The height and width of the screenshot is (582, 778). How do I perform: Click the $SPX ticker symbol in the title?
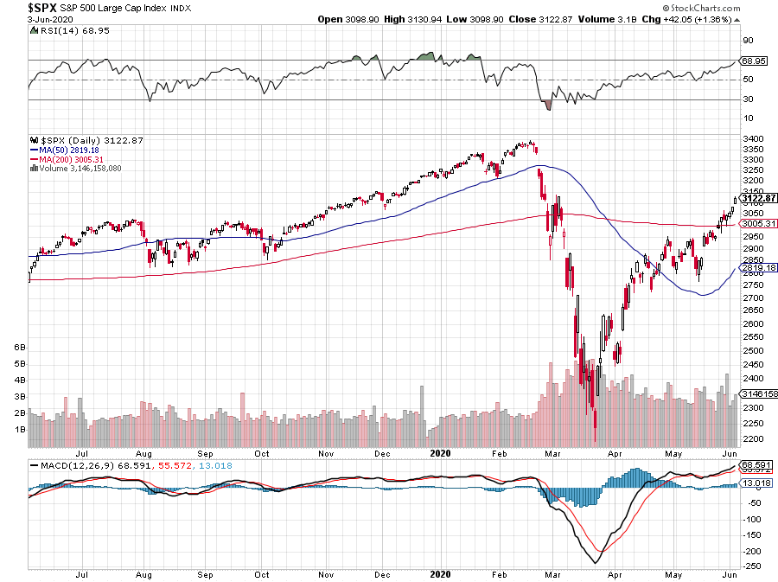pos(42,8)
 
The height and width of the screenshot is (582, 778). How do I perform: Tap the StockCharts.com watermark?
pos(702,8)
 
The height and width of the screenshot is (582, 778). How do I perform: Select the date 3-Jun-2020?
pos(50,20)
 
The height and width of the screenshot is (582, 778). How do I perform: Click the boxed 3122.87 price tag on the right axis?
pos(758,198)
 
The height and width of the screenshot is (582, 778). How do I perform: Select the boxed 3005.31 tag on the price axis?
pos(758,224)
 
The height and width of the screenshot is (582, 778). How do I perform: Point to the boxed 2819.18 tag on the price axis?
pos(758,268)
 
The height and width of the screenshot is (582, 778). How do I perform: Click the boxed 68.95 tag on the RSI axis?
pos(754,61)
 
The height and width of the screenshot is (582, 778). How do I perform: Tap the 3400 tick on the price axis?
pos(753,139)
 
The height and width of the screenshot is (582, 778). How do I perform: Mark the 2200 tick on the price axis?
pos(753,439)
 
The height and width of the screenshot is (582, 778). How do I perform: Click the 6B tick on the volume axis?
pos(20,348)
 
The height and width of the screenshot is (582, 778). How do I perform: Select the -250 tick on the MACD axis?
pos(752,566)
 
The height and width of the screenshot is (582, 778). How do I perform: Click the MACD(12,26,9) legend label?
pos(78,466)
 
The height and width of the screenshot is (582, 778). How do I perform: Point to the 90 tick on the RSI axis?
pos(748,41)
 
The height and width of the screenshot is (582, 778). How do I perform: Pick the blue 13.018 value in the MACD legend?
pos(215,466)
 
